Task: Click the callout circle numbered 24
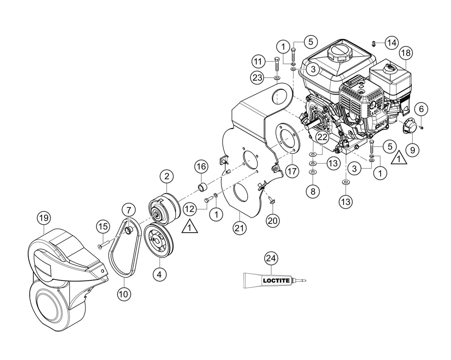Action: [271, 258]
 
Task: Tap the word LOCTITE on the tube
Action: [276, 280]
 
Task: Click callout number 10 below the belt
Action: [124, 294]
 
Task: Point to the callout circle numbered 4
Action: [159, 275]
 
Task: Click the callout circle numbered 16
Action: [201, 167]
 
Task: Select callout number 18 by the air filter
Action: [406, 53]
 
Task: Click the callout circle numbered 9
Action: [412, 150]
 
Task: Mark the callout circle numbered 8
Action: [313, 191]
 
